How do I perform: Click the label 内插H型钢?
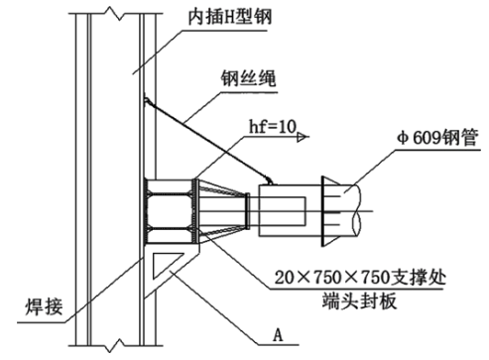click(230, 17)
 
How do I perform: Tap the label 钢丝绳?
click(248, 78)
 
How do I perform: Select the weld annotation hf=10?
click(273, 127)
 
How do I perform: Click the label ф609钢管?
click(437, 138)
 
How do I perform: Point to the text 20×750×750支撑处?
click(360, 277)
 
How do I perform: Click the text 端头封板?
click(359, 300)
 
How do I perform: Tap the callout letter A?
click(278, 335)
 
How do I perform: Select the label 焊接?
click(44, 306)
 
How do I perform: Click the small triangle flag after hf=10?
click(302, 137)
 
